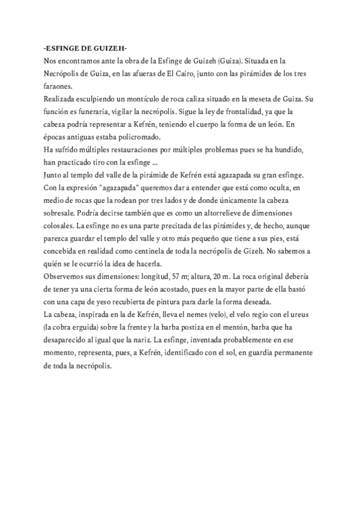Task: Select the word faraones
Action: [58, 86]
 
